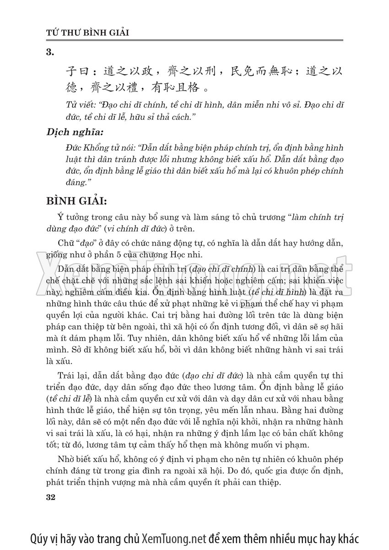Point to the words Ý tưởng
click(x=70, y=217)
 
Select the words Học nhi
click(x=200, y=254)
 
